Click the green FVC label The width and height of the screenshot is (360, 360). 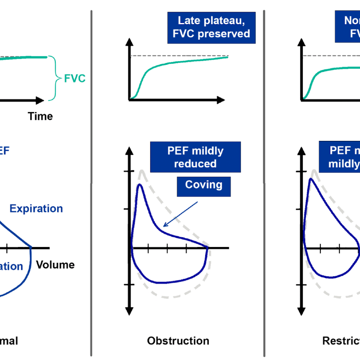(x=74, y=79)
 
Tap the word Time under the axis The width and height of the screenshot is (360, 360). (x=40, y=116)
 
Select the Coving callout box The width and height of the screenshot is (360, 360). (x=203, y=184)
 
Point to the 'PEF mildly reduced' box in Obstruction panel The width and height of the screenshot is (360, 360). (x=195, y=157)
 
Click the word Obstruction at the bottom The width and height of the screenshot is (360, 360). (x=178, y=341)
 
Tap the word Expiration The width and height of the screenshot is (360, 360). (x=36, y=208)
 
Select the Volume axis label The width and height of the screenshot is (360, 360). (x=55, y=264)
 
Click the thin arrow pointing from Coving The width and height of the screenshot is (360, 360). (x=180, y=214)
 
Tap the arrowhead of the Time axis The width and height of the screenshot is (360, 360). (x=41, y=100)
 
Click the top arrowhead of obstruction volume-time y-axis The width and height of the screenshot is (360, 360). (x=130, y=43)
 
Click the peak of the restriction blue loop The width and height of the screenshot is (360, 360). (x=310, y=180)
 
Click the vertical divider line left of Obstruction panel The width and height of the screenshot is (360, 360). (x=92, y=180)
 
